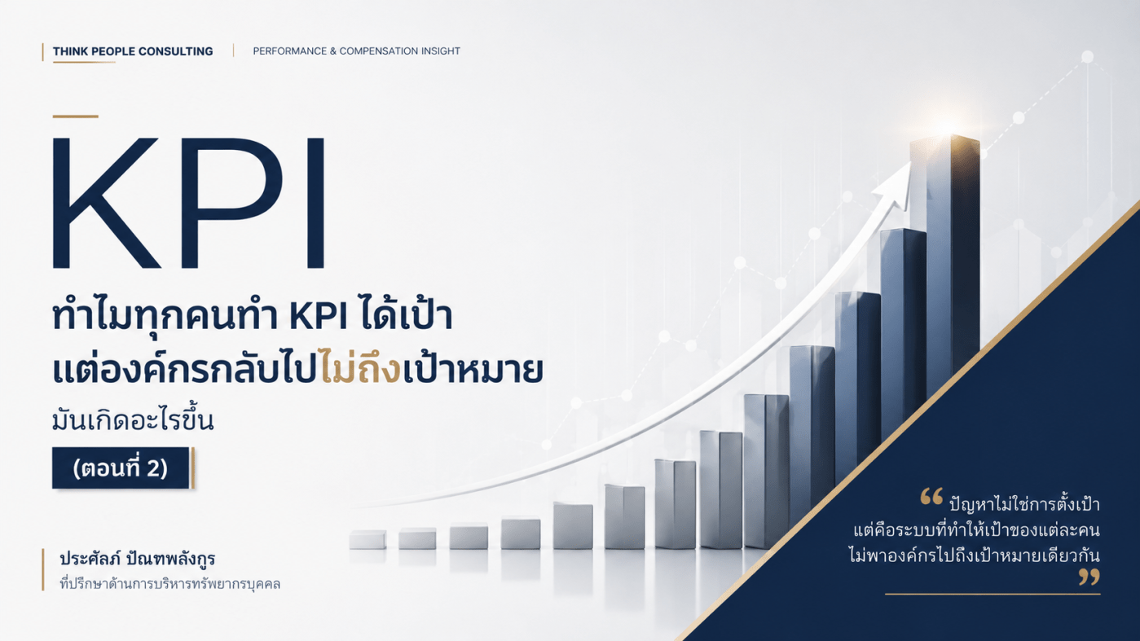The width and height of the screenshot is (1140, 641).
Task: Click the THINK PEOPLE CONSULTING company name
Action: pos(133,51)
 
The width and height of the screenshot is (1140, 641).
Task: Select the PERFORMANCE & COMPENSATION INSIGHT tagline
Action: pos(356,50)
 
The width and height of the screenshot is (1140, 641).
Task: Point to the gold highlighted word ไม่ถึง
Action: pos(361,370)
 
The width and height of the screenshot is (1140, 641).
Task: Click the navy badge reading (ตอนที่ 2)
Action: pos(121,468)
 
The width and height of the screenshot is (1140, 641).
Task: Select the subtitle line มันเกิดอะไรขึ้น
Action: pos(133,420)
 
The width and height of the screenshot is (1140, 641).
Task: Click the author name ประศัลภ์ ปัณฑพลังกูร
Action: pos(138,558)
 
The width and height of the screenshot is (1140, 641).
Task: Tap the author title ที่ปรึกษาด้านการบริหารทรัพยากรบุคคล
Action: pos(170,583)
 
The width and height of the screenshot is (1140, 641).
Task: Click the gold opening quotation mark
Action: pos(931,497)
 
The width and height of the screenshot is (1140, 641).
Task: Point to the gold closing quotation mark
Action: pos(1089,577)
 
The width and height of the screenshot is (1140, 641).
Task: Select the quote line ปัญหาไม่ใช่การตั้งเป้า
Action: pos(1024,504)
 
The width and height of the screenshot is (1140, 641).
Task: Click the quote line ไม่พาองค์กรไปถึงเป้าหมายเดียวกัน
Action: pos(975,555)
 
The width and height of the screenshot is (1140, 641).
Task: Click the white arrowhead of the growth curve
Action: pos(896,184)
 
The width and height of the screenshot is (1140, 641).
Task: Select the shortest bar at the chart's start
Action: pos(368,540)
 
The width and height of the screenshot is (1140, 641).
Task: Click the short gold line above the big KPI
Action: pos(75,116)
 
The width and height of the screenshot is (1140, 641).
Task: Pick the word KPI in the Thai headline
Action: pos(319,317)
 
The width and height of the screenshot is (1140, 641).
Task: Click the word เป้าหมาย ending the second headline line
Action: pos(473,370)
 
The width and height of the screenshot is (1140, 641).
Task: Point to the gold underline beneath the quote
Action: pos(993,594)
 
